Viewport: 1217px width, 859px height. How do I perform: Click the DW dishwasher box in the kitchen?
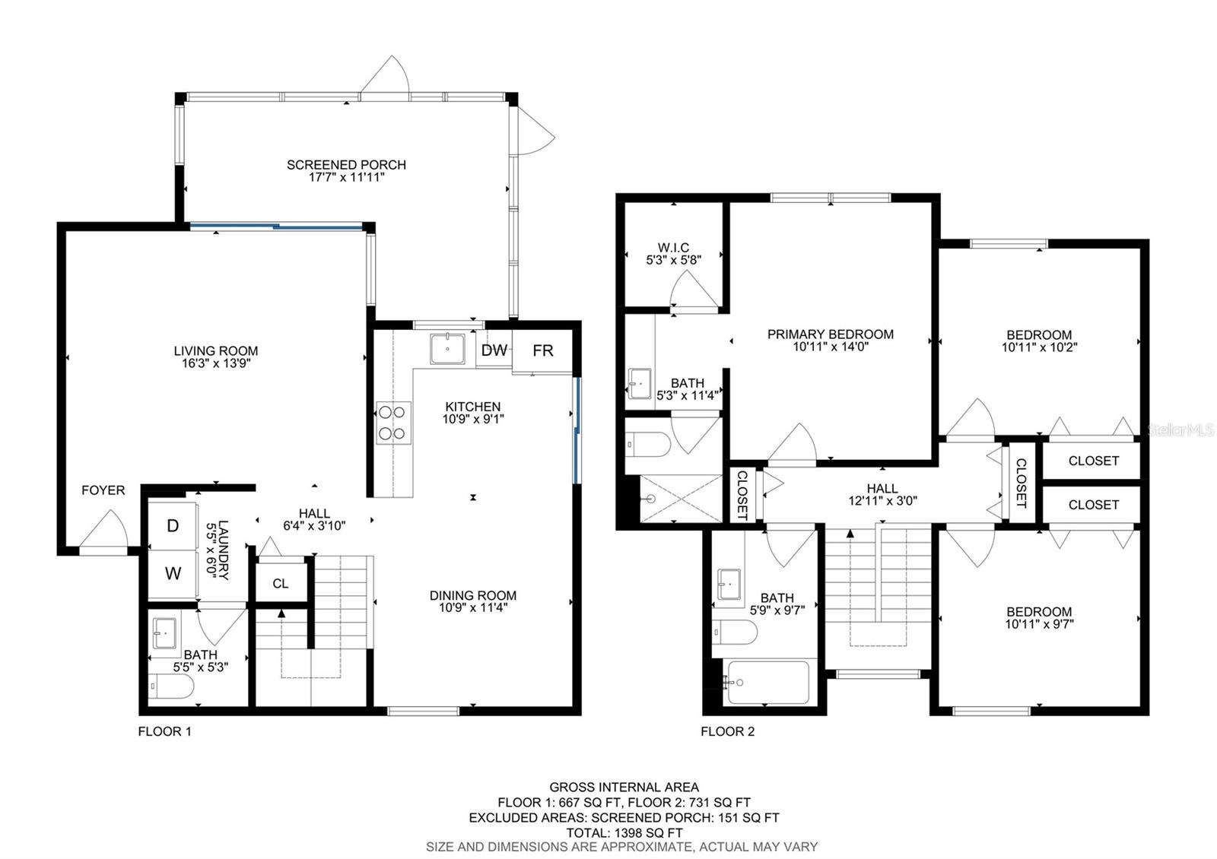click(x=494, y=350)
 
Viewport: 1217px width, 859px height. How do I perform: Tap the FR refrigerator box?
click(x=542, y=350)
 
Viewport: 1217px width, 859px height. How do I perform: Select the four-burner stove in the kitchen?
click(x=394, y=423)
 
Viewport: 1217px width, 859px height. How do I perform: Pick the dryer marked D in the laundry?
click(x=173, y=525)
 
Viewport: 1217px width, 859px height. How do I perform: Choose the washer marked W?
click(x=173, y=574)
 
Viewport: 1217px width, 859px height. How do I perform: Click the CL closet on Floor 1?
click(x=281, y=583)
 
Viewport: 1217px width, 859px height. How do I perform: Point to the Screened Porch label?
click(x=346, y=165)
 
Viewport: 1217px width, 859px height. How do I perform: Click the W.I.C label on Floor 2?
click(x=673, y=248)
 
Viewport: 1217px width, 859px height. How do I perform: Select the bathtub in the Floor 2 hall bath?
click(x=768, y=682)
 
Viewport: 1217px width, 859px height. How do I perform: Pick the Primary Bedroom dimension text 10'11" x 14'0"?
click(x=831, y=347)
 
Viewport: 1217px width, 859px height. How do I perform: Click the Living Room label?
click(x=216, y=350)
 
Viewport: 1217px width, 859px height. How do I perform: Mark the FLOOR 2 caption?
click(x=727, y=732)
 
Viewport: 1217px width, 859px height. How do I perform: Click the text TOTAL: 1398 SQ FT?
click(x=624, y=832)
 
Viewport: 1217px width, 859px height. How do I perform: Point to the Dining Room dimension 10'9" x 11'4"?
click(x=473, y=608)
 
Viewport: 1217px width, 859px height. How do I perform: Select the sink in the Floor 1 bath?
click(x=164, y=632)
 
